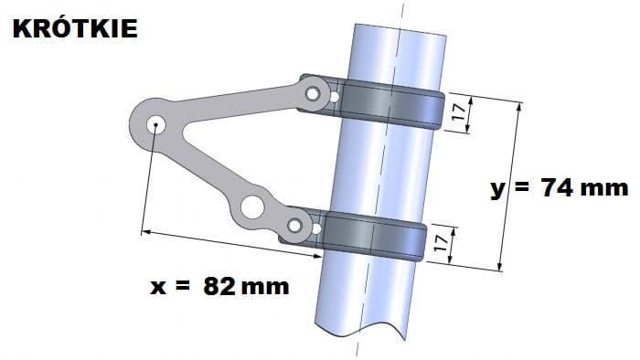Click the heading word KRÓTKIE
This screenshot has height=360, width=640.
pos(75,27)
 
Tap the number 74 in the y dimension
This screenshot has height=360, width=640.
pos(557,187)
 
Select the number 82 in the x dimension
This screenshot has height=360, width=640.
pos(219,286)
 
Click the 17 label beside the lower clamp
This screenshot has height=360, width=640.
pos(442,242)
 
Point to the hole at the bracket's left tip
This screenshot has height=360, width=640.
pos(155,124)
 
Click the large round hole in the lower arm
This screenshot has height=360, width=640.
pos(252,206)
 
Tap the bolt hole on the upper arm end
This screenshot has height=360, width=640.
pos(313,94)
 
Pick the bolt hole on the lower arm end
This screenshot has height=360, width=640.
pos(294,226)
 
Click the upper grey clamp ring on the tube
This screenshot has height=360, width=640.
pos(392,105)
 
